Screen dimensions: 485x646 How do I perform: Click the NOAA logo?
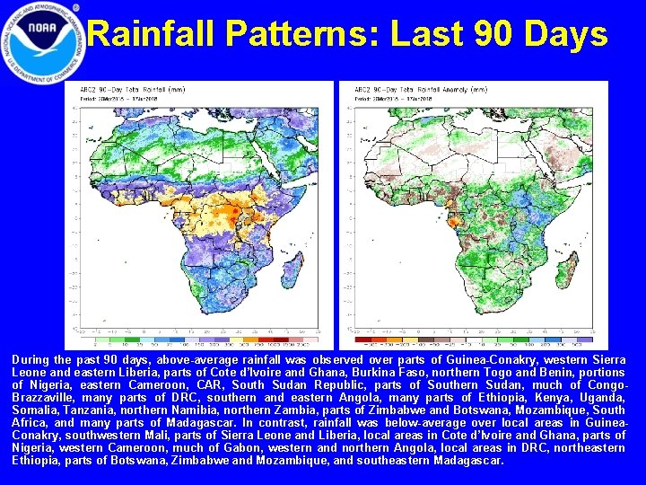(42, 41)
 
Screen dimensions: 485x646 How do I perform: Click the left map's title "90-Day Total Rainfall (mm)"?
(150, 91)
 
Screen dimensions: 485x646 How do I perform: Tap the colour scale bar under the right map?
(471, 339)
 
